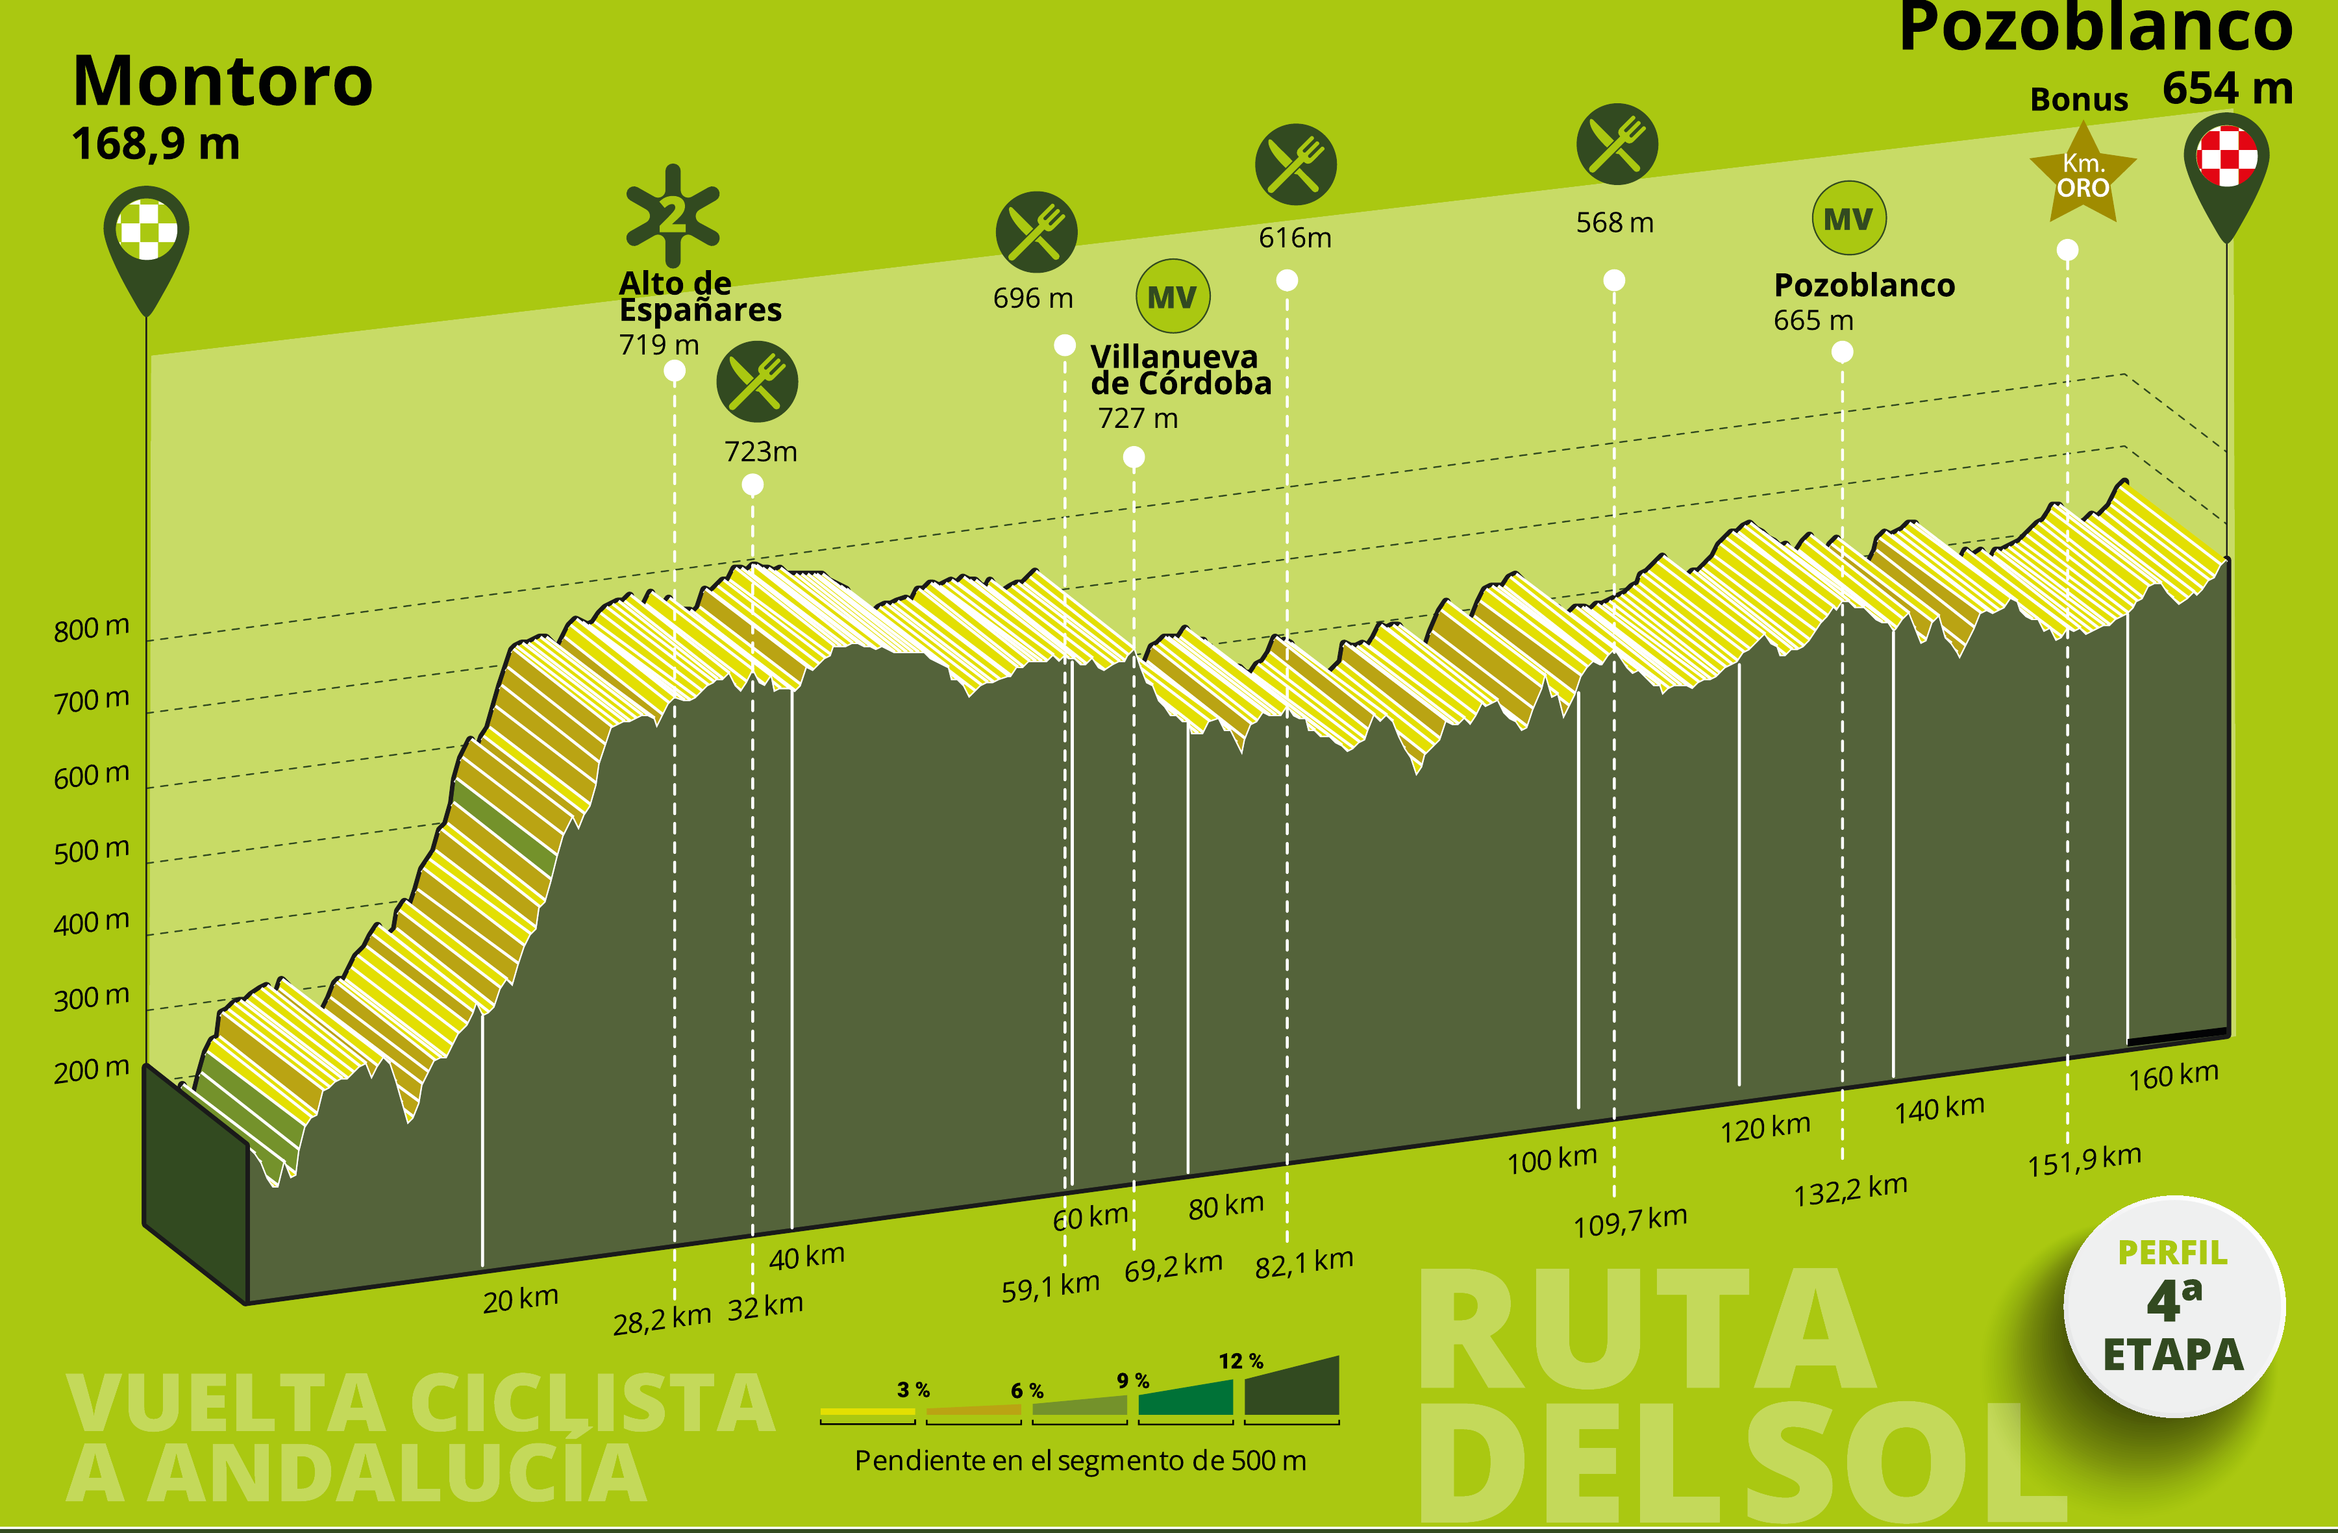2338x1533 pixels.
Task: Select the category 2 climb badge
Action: pyautogui.click(x=673, y=215)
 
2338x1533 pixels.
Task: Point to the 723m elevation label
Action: pyautogui.click(x=760, y=452)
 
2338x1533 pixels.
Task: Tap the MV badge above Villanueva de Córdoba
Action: pyautogui.click(x=1172, y=297)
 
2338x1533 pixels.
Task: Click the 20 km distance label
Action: pyautogui.click(x=521, y=1299)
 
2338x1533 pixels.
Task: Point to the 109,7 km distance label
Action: pyautogui.click(x=1631, y=1221)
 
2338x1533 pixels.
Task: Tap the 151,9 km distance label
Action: pyautogui.click(x=2085, y=1160)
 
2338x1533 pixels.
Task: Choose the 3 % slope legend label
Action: pyautogui.click(x=914, y=1390)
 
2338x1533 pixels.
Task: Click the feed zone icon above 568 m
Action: pyautogui.click(x=1617, y=143)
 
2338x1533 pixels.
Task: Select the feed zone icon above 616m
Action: pyautogui.click(x=1296, y=164)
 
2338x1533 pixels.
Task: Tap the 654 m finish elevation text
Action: pyautogui.click(x=2227, y=88)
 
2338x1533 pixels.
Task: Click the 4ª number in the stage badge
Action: pyautogui.click(x=2174, y=1300)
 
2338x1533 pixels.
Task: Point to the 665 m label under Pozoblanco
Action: pyautogui.click(x=1813, y=320)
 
